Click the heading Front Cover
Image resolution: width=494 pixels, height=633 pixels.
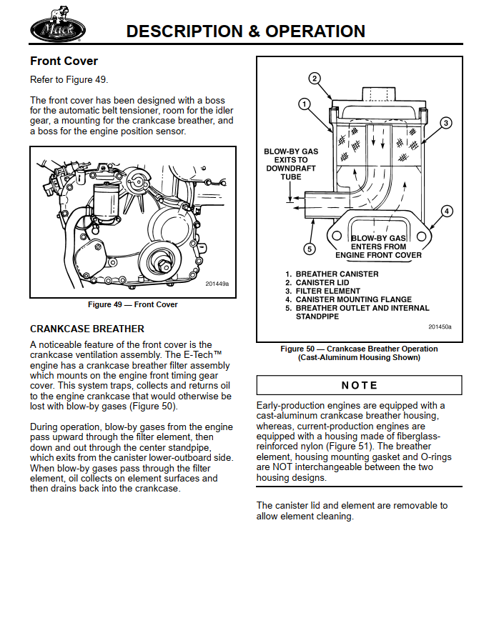tap(64, 61)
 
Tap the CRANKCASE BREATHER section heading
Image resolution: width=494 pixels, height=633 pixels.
tap(87, 329)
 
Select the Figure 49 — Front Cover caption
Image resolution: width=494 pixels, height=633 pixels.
tap(133, 304)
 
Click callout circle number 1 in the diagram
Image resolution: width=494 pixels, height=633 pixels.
tap(304, 104)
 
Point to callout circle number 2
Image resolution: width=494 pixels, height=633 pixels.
tap(314, 79)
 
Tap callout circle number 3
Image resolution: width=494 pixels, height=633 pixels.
tap(445, 123)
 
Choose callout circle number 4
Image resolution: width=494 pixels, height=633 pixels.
tap(446, 211)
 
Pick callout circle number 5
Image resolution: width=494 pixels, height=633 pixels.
tap(310, 249)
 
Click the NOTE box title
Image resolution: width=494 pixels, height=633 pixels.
tap(359, 385)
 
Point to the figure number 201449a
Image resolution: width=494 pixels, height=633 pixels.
tap(217, 284)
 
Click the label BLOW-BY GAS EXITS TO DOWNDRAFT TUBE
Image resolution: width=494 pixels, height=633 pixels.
tap(291, 164)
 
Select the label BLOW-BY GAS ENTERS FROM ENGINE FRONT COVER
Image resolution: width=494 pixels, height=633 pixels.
tap(378, 246)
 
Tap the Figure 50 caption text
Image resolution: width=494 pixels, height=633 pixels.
tap(359, 353)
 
